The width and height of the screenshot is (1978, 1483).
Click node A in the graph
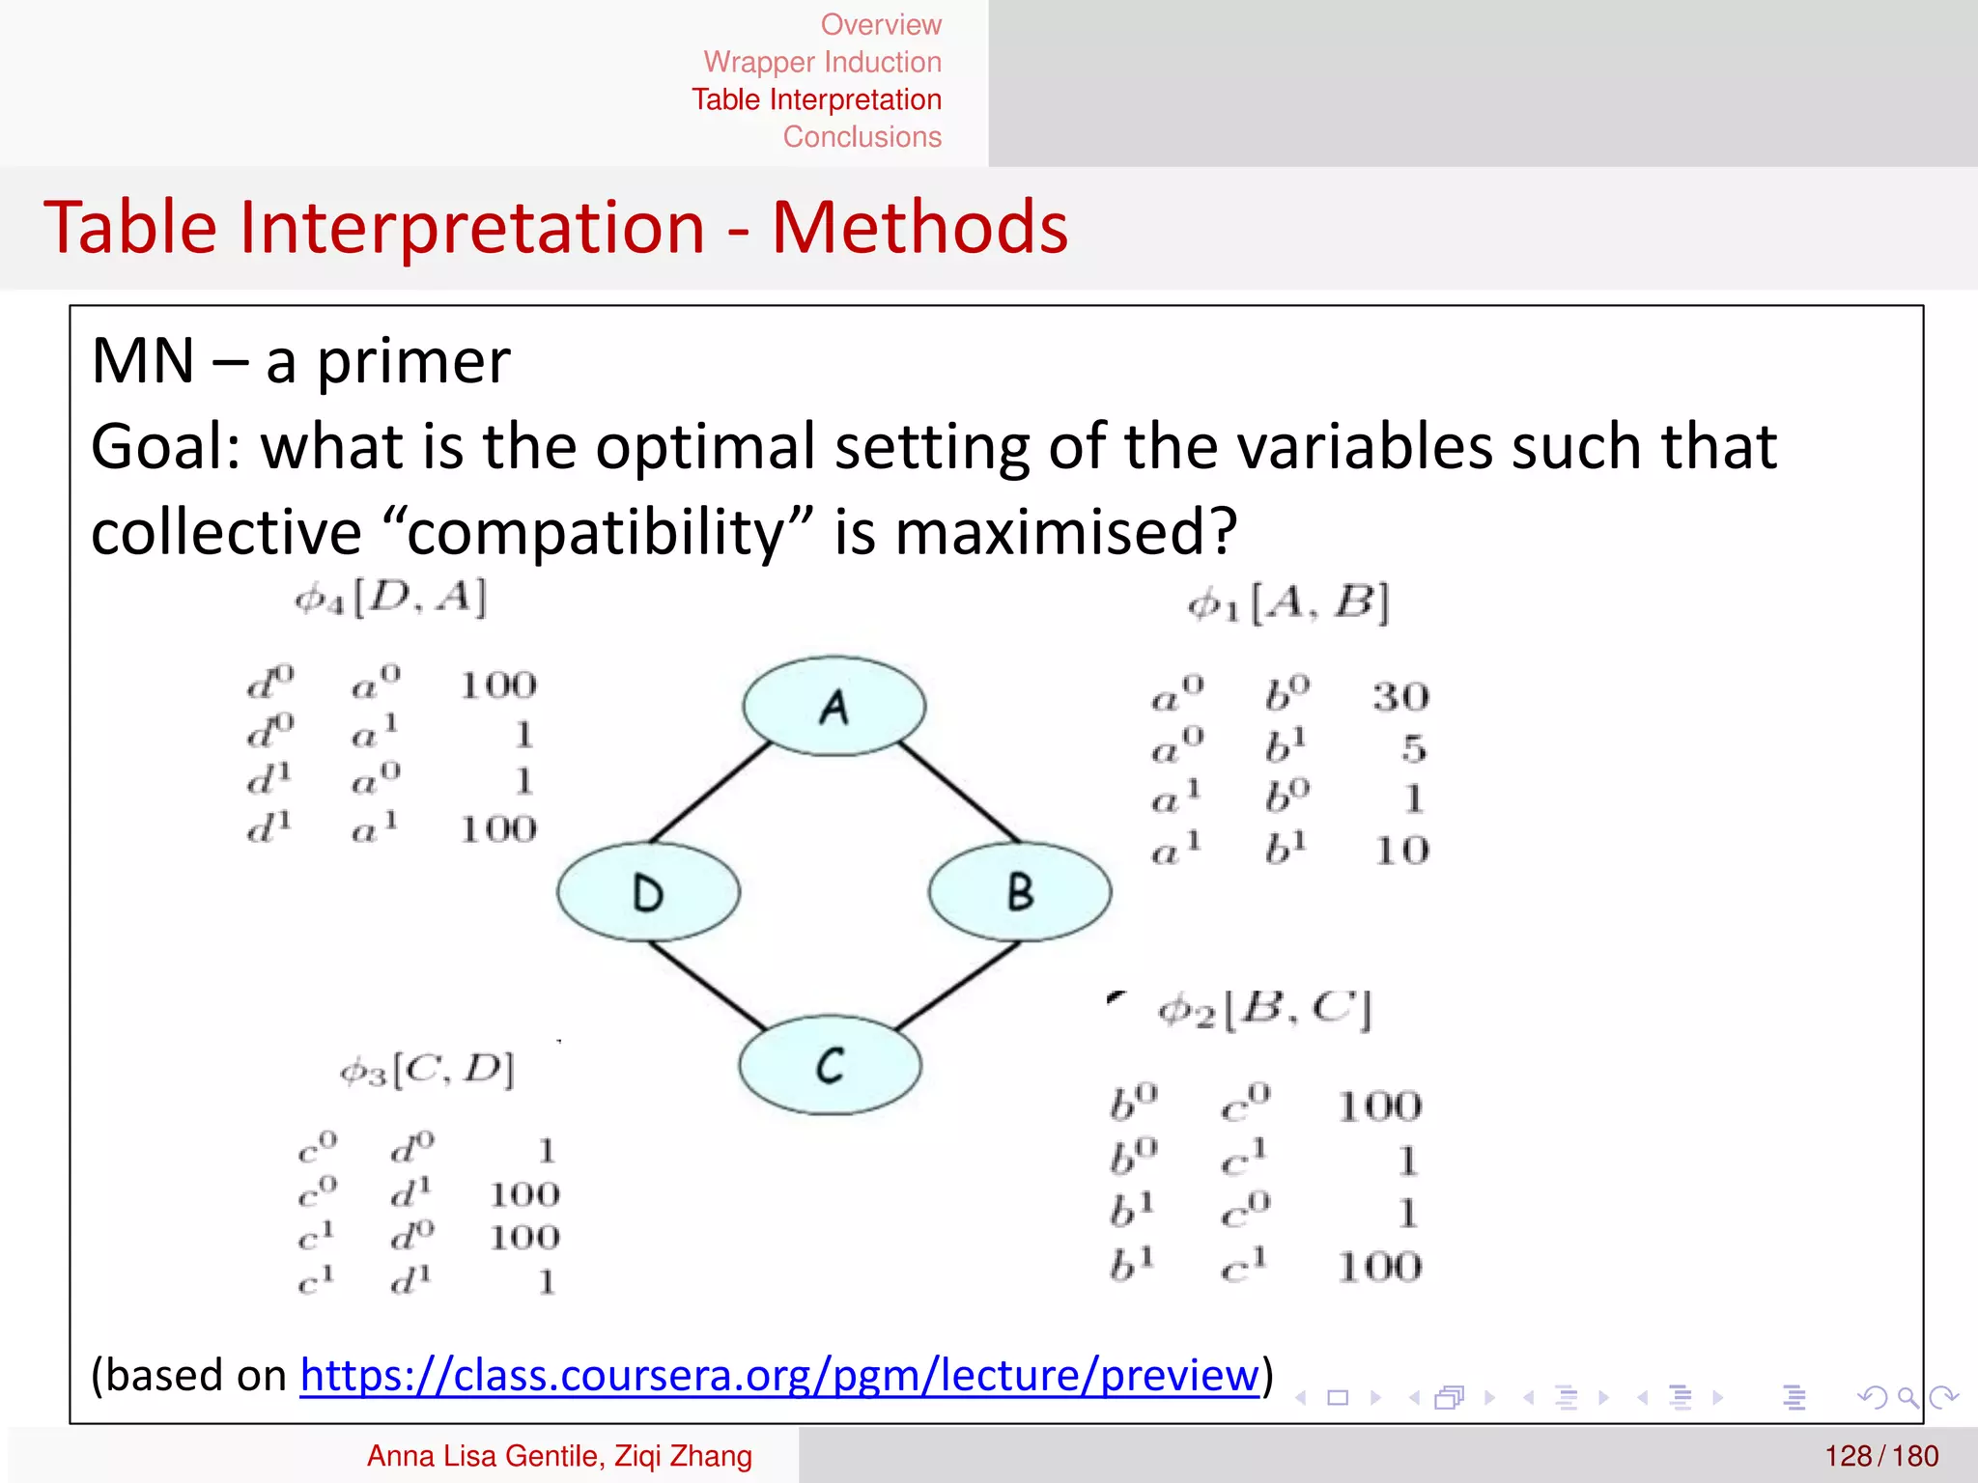point(834,707)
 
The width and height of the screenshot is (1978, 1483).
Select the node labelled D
point(648,892)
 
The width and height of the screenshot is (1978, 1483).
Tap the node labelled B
point(1020,891)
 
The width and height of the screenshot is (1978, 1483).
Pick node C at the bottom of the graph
point(830,1065)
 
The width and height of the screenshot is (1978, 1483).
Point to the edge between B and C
point(956,986)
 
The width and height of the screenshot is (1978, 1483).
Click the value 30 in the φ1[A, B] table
point(1400,697)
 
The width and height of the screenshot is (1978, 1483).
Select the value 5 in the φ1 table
point(1413,748)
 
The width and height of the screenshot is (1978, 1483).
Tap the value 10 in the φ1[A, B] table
point(1401,851)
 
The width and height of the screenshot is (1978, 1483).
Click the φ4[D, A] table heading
point(390,599)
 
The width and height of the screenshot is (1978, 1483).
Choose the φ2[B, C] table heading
point(1264,1010)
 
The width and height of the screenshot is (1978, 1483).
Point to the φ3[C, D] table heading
point(427,1070)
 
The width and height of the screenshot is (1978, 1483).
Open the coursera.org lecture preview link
point(778,1375)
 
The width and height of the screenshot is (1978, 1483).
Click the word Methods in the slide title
point(919,228)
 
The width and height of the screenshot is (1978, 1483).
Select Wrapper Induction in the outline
point(822,62)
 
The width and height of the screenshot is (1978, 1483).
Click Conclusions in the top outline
point(862,137)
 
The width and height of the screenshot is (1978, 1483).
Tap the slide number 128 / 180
point(1880,1456)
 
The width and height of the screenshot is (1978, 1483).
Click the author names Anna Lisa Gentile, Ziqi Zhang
point(559,1456)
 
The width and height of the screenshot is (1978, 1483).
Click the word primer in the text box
point(413,361)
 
